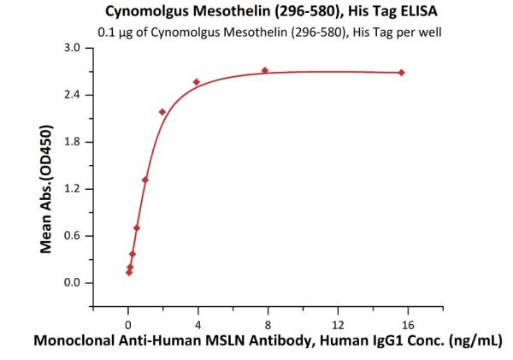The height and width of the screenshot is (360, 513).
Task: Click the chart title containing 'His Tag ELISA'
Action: pyautogui.click(x=256, y=13)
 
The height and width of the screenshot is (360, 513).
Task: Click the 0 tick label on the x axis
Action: pyautogui.click(x=128, y=324)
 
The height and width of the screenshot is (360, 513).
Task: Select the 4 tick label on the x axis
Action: pyautogui.click(x=198, y=324)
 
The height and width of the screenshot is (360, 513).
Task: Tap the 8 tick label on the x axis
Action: pyautogui.click(x=268, y=324)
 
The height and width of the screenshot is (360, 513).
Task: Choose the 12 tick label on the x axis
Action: pyautogui.click(x=338, y=324)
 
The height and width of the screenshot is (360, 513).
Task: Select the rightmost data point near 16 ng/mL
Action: pyautogui.click(x=401, y=73)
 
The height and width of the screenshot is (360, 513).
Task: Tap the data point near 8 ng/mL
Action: pyautogui.click(x=265, y=70)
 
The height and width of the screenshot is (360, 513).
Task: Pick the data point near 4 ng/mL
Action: pyautogui.click(x=197, y=82)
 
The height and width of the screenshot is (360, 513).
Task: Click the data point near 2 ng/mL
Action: pyautogui.click(x=162, y=112)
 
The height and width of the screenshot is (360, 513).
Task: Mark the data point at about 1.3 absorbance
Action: pyautogui.click(x=145, y=180)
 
